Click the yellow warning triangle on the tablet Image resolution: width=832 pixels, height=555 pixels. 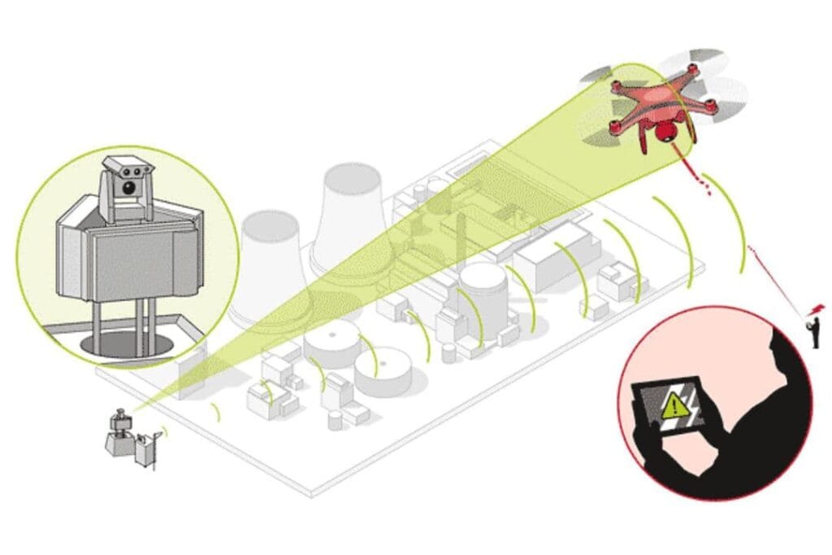(x=674, y=403)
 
